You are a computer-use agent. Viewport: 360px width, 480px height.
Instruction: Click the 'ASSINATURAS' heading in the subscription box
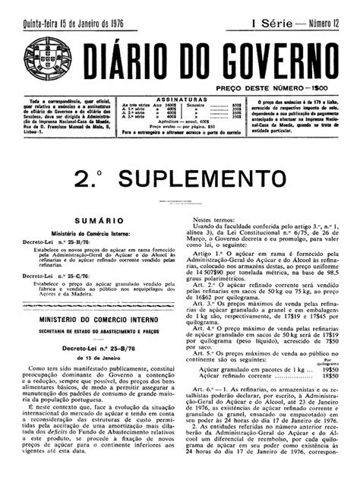pos(181,99)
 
